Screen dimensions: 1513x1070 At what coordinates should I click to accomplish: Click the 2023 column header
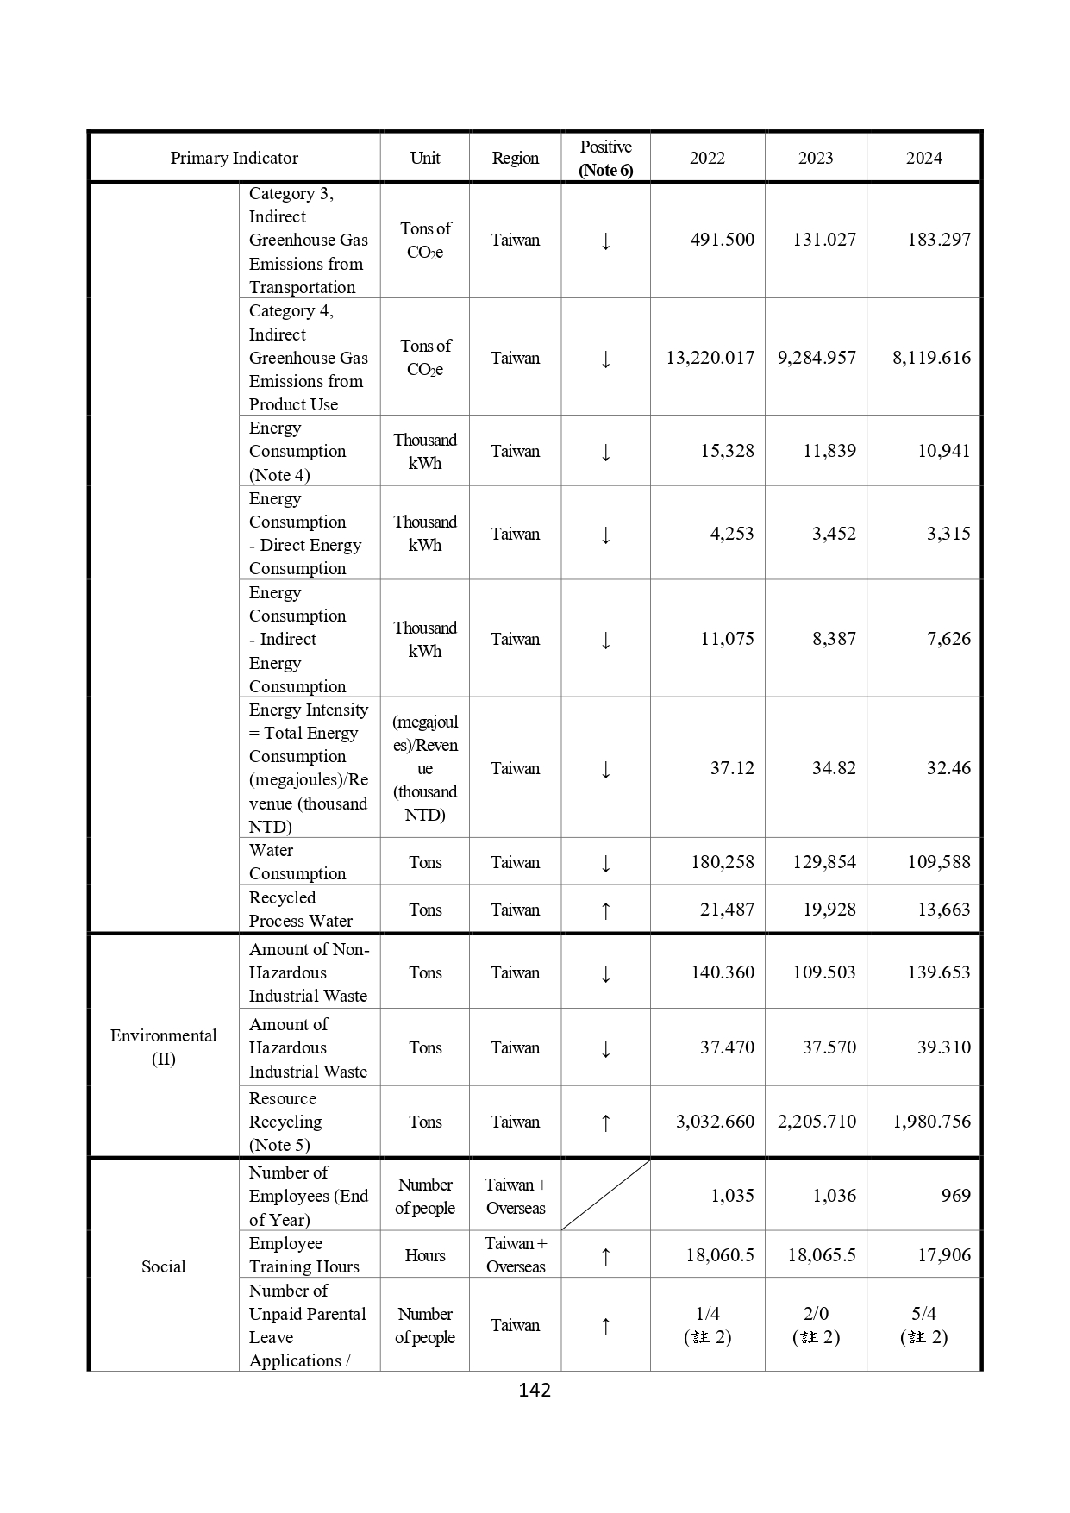coord(815,158)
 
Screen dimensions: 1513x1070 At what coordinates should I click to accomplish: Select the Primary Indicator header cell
coord(234,158)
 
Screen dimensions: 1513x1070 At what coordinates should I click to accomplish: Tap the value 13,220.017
coord(710,357)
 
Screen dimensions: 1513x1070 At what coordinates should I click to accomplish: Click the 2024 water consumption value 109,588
coord(938,861)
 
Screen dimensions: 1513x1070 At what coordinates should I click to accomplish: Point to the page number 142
coord(535,1390)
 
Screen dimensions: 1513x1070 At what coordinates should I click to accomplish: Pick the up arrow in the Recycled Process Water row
coord(605,910)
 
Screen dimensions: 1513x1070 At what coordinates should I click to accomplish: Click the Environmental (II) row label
coord(163,1047)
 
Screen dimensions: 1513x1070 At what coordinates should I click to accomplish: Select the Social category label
coord(163,1266)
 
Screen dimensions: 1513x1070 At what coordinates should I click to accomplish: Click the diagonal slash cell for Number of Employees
coord(605,1195)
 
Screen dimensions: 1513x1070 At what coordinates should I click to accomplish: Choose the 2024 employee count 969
coord(955,1195)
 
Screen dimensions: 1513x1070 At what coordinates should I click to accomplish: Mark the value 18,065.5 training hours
coord(821,1254)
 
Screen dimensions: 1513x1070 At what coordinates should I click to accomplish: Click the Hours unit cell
coord(425,1255)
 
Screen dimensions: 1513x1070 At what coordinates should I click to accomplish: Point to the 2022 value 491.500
coord(722,240)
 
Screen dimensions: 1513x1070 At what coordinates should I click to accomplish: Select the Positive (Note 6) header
coord(605,158)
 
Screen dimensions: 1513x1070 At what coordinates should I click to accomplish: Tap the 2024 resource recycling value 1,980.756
coord(931,1121)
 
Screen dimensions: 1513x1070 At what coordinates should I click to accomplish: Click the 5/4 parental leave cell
coord(923,1324)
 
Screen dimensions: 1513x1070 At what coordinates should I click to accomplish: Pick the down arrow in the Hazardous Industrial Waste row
coord(605,1048)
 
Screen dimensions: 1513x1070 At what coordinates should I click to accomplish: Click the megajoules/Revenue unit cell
coord(425,767)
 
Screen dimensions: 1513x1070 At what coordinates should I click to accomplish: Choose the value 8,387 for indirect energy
coord(834,638)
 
